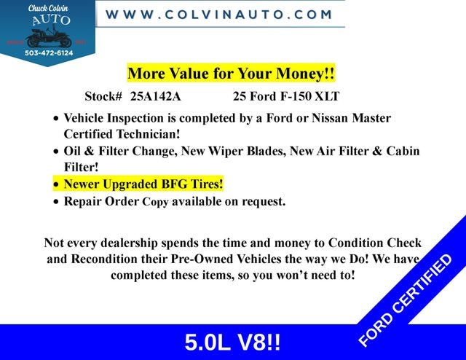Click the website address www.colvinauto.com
tap(219, 14)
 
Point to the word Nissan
tap(339, 118)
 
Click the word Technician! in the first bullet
tap(145, 134)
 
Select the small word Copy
tap(155, 202)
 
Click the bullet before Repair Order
tap(57, 202)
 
